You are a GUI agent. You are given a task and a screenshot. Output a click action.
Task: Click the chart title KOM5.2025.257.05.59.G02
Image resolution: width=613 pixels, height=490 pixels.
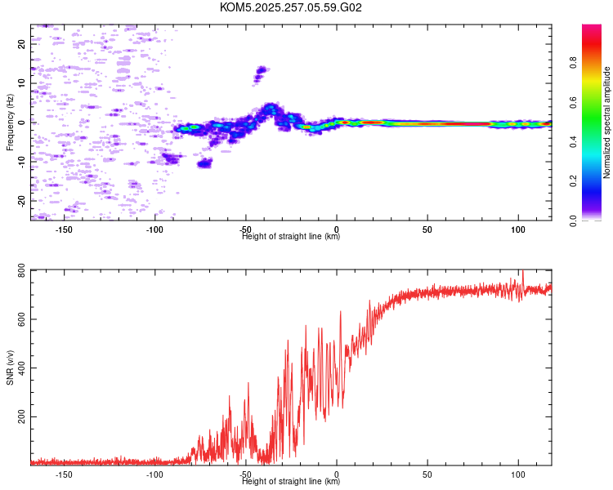290,7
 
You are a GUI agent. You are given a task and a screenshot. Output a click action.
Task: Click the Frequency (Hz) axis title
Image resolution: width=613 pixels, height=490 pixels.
10,122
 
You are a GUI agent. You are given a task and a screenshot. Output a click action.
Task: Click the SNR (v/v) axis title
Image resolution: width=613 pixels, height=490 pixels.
10,367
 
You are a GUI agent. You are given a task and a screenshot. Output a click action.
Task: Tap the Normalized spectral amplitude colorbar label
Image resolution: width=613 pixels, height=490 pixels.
606,122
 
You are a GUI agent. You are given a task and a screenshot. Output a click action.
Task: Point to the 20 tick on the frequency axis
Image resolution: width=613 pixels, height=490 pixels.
22,44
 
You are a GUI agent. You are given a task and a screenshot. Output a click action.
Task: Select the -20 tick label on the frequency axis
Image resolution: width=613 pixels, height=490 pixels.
22,201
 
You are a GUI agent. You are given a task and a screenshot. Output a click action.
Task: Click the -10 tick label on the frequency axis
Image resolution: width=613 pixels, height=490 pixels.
22,162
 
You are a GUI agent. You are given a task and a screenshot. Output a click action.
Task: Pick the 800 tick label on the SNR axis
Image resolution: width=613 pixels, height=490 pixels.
22,270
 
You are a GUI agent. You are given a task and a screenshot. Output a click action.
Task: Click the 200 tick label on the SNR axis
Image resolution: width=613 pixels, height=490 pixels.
22,417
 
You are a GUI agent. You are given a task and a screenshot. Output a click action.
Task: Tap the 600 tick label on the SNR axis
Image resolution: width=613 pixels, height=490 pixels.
22,319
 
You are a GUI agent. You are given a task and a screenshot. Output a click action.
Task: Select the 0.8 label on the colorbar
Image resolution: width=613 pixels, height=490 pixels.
573,63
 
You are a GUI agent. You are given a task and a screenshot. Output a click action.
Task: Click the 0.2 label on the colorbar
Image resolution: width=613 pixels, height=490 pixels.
573,181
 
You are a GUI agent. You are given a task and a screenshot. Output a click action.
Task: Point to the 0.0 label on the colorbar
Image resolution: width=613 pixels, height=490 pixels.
573,220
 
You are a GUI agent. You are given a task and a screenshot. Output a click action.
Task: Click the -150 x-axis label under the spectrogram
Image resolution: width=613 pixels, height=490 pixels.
64,229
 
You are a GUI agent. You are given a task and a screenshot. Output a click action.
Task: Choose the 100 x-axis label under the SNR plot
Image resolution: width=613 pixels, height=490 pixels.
518,474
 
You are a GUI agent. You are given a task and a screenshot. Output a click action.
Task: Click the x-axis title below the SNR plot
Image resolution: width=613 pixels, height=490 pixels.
291,481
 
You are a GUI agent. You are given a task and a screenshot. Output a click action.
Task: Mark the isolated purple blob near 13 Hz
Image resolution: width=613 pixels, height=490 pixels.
260,73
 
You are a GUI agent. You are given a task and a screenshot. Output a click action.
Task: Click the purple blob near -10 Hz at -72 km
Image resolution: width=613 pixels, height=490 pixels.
204,163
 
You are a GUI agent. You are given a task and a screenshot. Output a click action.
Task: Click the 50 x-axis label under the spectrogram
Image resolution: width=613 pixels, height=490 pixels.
427,229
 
